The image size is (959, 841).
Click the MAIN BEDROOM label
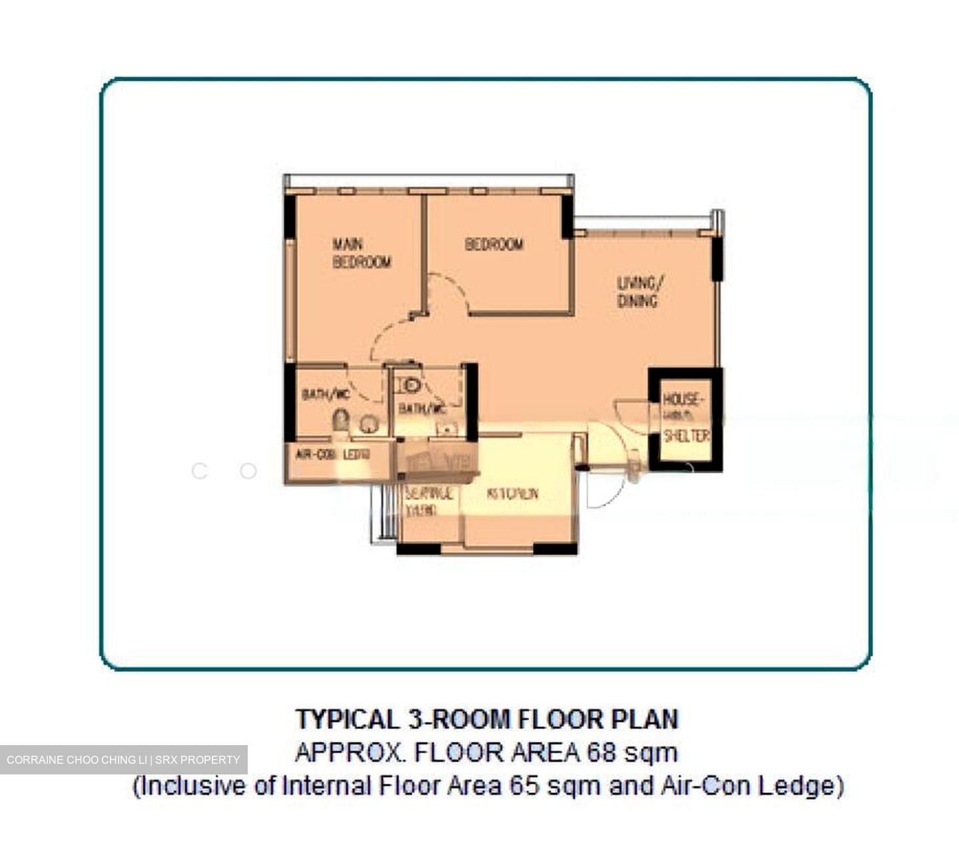pos(361,253)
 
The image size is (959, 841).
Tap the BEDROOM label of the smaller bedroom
pos(493,244)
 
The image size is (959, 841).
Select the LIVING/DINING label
pos(637,292)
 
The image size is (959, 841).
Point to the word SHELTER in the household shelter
pos(686,436)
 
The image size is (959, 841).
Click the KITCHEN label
pos(512,494)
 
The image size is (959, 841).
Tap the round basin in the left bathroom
pos(368,423)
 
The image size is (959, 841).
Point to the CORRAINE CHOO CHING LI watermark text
pos(77,760)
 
